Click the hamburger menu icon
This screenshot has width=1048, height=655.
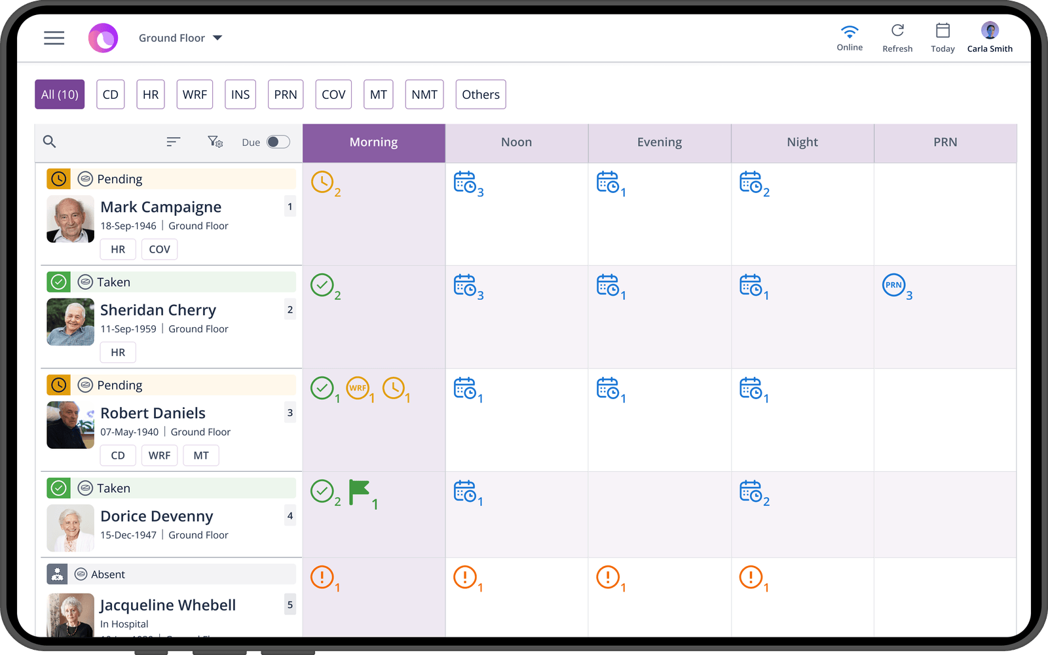pos(54,38)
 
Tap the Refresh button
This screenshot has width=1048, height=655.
pos(897,37)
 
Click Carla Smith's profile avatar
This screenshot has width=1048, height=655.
pos(990,30)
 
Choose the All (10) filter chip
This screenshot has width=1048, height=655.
pos(60,94)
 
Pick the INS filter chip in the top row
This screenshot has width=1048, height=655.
pos(240,94)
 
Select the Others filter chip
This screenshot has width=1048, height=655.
pos(481,94)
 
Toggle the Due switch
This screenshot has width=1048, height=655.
pos(278,142)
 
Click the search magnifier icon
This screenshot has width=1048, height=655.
pos(49,141)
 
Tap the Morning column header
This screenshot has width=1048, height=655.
pos(373,143)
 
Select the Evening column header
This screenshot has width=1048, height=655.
pos(659,143)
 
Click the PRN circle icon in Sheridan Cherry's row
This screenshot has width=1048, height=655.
pos(893,285)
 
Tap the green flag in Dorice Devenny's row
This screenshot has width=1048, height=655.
pos(359,491)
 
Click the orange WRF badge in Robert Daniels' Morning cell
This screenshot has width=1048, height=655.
pos(358,388)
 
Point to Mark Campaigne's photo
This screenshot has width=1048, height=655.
pos(70,219)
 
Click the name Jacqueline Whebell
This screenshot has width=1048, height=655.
pos(168,605)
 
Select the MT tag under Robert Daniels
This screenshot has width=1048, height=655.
pos(201,455)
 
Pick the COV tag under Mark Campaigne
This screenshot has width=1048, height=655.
pos(159,249)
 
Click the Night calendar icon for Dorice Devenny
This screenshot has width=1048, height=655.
pos(751,491)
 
